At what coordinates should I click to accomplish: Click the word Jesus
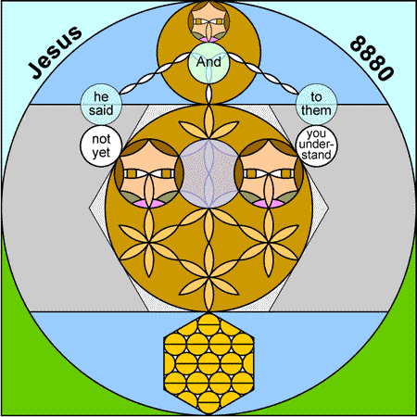pyautogui.click(x=56, y=52)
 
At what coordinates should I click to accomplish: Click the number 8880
pyautogui.click(x=373, y=58)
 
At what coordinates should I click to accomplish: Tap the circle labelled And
pyautogui.click(x=208, y=63)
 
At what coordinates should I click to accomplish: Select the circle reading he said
pyautogui.click(x=101, y=104)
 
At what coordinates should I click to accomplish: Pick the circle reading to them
pyautogui.click(x=316, y=104)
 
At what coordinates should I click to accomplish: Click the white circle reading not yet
pyautogui.click(x=101, y=145)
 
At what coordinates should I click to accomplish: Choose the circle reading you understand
pyautogui.click(x=316, y=145)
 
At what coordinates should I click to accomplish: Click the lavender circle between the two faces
pyautogui.click(x=208, y=174)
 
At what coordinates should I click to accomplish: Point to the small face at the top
pyautogui.click(x=208, y=21)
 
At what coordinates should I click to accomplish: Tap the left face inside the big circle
pyautogui.click(x=148, y=173)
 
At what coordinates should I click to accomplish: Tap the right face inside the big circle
pyautogui.click(x=269, y=173)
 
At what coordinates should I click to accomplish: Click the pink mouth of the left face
pyautogui.click(x=149, y=204)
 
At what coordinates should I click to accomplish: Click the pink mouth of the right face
pyautogui.click(x=269, y=204)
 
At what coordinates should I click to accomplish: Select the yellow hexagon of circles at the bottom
pyautogui.click(x=208, y=363)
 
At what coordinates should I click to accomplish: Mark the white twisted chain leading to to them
pyautogui.click(x=263, y=73)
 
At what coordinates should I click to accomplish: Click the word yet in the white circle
pyautogui.click(x=101, y=153)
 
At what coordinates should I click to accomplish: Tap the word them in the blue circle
pyautogui.click(x=316, y=110)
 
